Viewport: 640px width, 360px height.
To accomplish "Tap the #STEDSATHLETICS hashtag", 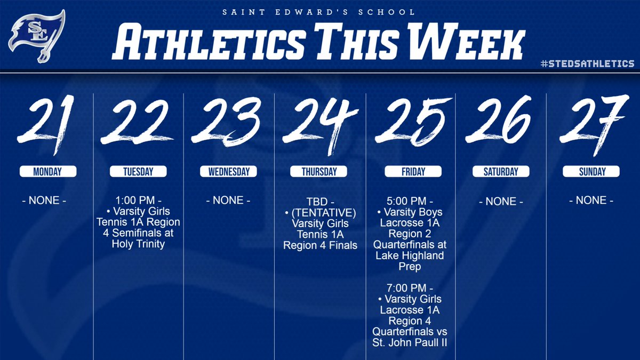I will tap(587, 63).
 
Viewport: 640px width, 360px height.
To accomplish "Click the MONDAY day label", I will tap(47, 172).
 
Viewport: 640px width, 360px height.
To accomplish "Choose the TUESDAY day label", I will tap(138, 172).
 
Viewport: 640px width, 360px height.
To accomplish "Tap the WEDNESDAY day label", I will tap(229, 172).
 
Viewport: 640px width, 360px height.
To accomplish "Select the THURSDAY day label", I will tap(319, 172).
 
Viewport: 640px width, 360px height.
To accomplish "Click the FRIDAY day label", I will tap(413, 172).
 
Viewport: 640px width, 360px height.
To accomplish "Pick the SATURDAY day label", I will tap(501, 172).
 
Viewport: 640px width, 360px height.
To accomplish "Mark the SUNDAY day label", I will tap(591, 172).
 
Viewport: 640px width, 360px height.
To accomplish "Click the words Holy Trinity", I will tap(139, 243).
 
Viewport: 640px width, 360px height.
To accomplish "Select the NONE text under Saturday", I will tap(501, 202).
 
